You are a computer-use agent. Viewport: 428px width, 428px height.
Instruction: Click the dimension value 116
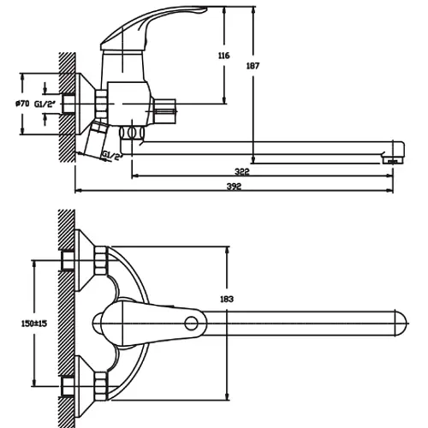pyautogui.click(x=223, y=56)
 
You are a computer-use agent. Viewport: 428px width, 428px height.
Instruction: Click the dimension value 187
pyautogui.click(x=253, y=66)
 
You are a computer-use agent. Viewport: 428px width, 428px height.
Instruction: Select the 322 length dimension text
pyautogui.click(x=242, y=171)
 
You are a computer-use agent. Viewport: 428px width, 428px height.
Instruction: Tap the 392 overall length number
pyautogui.click(x=234, y=187)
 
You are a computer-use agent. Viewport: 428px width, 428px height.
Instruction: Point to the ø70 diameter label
pyautogui.click(x=22, y=104)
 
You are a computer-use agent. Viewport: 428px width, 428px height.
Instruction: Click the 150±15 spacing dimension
pyautogui.click(x=34, y=324)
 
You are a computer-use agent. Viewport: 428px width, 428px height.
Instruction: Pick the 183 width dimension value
pyautogui.click(x=227, y=299)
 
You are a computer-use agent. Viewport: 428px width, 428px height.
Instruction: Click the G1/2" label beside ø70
pyautogui.click(x=45, y=104)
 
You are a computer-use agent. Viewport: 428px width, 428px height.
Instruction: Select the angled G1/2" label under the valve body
pyautogui.click(x=112, y=156)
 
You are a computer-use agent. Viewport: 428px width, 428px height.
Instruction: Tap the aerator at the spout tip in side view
pyautogui.click(x=393, y=160)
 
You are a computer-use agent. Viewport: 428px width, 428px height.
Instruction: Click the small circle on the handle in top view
pyautogui.click(x=191, y=324)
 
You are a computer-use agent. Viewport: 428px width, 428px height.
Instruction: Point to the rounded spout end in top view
pyautogui.click(x=401, y=324)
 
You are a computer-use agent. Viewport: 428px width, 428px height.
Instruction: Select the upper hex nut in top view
pyautogui.click(x=100, y=260)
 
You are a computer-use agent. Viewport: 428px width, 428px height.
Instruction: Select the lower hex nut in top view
pyautogui.click(x=100, y=386)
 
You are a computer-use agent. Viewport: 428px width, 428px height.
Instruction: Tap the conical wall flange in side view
pyautogui.click(x=85, y=104)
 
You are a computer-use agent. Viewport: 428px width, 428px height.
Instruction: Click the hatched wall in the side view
pyautogui.click(x=68, y=107)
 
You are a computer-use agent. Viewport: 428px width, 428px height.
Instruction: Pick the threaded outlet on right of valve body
pyautogui.click(x=164, y=111)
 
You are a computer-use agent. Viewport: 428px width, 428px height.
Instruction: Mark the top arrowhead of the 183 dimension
pyautogui.click(x=227, y=250)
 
